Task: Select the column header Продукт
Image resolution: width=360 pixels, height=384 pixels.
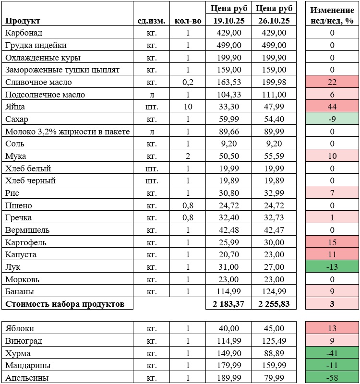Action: click(x=23, y=21)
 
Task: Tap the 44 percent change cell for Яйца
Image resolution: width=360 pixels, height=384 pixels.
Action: click(x=332, y=107)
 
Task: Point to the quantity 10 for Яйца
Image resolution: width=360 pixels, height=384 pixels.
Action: click(x=188, y=107)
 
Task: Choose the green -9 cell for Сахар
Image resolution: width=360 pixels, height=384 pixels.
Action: click(x=332, y=119)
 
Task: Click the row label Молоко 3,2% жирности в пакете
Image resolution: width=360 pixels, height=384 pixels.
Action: click(x=68, y=132)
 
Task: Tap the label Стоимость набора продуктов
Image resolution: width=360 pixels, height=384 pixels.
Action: click(x=65, y=304)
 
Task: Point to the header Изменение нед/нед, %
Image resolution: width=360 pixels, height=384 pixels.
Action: click(x=332, y=15)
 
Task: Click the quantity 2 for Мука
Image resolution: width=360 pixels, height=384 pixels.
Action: click(x=188, y=156)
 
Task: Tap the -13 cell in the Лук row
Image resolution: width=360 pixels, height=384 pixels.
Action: click(x=332, y=267)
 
